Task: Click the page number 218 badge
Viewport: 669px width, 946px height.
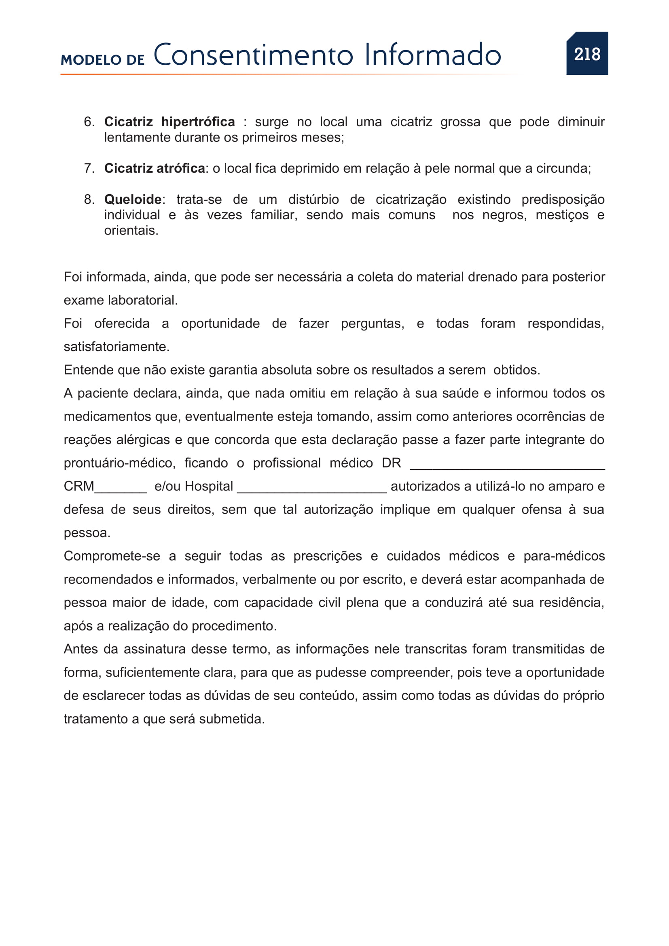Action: (587, 53)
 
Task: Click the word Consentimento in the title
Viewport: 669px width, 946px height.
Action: (253, 55)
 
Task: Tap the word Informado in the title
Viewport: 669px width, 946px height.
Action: (432, 55)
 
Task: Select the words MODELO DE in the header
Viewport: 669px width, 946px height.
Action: (103, 60)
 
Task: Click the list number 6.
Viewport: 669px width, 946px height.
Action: (89, 122)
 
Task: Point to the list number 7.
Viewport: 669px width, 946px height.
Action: (89, 169)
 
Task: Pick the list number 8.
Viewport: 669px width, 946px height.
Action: (89, 200)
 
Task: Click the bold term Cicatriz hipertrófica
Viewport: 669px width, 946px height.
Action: (169, 122)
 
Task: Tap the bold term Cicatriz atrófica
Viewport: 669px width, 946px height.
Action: (155, 169)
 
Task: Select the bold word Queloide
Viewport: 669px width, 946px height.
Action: (133, 200)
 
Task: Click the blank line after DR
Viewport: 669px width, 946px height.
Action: (507, 468)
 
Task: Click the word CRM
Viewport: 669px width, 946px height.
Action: (79, 487)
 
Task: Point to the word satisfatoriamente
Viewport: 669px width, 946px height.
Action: (116, 347)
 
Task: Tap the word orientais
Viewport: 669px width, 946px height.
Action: (131, 231)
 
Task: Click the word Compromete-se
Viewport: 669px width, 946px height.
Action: (112, 556)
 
